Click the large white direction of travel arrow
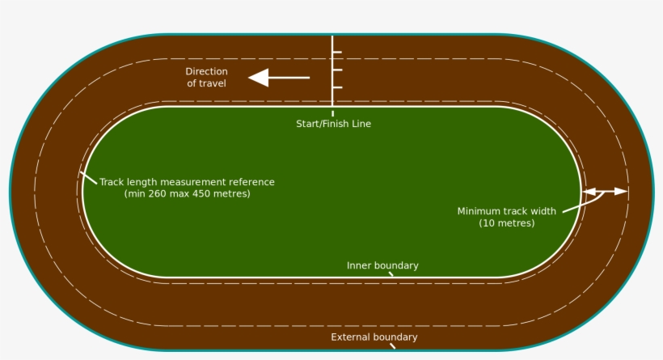coord(278,78)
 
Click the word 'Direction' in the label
coord(206,71)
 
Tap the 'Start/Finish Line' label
coord(333,124)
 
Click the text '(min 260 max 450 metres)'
coord(187,194)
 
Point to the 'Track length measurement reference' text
coord(187,182)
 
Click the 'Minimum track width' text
coord(506,211)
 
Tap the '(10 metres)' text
coord(506,222)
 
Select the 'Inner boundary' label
coord(382,265)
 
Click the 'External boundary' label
coord(374,337)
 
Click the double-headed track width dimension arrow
coord(606,192)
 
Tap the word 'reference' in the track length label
coord(252,182)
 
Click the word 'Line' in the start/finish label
coord(361,124)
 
